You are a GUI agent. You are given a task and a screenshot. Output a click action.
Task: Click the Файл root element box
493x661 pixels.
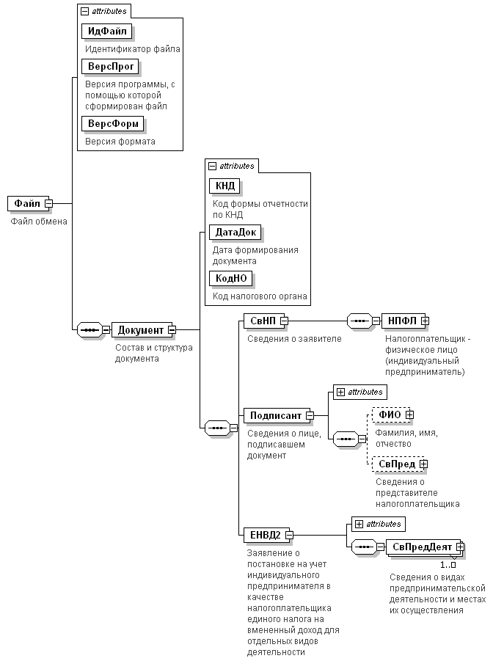point(29,204)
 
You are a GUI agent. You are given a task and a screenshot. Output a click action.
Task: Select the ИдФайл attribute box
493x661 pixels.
point(106,32)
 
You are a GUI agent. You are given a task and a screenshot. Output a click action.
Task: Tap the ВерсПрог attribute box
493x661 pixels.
point(111,67)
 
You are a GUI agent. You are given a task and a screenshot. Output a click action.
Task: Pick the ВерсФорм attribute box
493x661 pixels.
point(112,124)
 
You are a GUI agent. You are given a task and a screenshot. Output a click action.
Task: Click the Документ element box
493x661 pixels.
point(142,330)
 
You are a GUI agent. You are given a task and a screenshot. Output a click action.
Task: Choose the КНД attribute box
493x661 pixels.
point(224,186)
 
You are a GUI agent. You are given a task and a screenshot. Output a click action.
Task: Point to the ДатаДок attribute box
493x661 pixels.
point(235,233)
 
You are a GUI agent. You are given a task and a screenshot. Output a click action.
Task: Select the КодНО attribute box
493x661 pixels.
point(230,279)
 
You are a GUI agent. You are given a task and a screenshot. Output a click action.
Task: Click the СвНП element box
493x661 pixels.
point(264,321)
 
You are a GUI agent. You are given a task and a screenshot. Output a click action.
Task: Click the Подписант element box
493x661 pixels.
point(277,416)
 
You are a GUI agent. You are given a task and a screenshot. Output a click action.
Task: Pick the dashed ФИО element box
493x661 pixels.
point(391,415)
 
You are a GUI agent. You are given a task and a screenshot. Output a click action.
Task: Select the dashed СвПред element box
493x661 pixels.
point(398,464)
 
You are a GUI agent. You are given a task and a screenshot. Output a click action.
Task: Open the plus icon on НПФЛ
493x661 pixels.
point(425,321)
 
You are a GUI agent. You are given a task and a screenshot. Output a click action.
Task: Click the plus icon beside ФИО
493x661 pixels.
point(409,415)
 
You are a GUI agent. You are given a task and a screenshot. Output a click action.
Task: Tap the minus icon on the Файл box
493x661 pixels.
point(49,204)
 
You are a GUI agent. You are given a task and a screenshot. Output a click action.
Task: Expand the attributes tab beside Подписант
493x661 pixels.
point(360,392)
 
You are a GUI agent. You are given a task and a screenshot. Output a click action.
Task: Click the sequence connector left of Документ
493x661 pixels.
point(90,330)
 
